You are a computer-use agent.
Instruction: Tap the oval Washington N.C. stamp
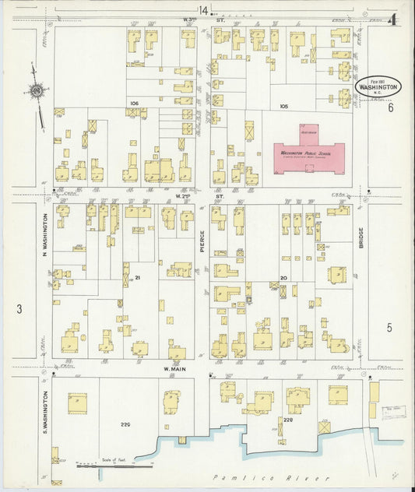[379, 86]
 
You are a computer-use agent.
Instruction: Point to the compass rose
[36, 93]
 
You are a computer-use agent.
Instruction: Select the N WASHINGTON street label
[45, 236]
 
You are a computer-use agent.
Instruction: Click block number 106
[134, 103]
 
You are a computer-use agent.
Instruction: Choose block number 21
[137, 277]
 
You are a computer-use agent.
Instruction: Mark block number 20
[283, 277]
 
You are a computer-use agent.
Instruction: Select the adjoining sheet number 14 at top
[203, 10]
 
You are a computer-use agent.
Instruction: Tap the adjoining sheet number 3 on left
[19, 309]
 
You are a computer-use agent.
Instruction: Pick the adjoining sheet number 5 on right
[389, 328]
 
